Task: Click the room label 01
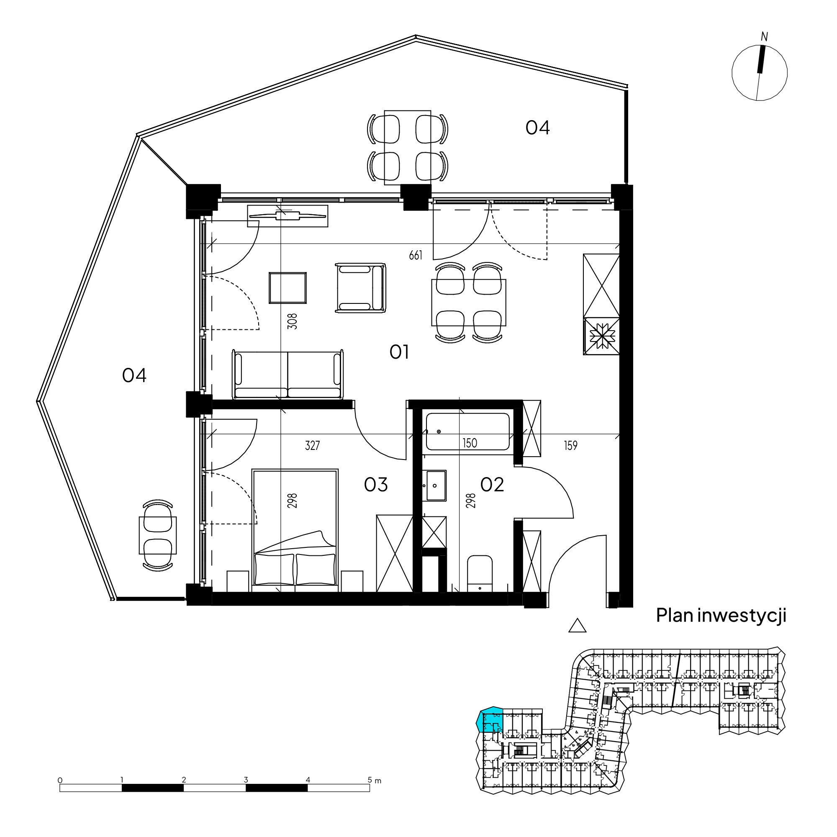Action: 398,352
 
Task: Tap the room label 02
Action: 492,485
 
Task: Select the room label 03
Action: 376,485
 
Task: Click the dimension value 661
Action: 416,256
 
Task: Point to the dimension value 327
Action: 312,445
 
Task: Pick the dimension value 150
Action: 470,443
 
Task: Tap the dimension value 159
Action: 570,445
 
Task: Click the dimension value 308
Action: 293,321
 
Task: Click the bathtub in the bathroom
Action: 467,431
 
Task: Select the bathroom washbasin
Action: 434,486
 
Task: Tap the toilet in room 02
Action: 480,573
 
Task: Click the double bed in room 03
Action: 295,530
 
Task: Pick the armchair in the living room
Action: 360,287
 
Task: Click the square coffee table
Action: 288,288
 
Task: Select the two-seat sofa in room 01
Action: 288,374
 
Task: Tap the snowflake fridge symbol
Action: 601,336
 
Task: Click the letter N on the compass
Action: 764,37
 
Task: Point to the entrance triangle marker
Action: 577,625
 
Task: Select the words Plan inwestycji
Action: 721,616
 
